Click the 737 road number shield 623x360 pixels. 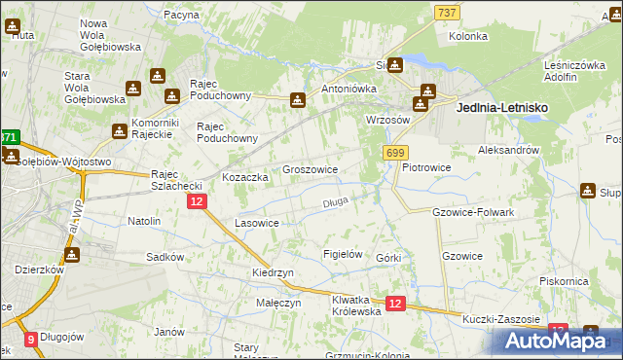click(x=448, y=11)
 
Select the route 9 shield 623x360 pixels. click(x=31, y=340)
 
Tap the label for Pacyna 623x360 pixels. click(x=181, y=15)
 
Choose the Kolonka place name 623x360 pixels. click(x=467, y=36)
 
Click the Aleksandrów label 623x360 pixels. click(x=508, y=151)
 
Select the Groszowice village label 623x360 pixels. click(x=310, y=168)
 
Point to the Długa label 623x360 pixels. click(x=335, y=202)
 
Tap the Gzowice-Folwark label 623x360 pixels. click(x=472, y=212)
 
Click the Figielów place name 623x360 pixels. click(x=343, y=254)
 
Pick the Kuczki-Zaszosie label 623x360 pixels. click(x=501, y=320)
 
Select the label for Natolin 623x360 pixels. click(x=144, y=221)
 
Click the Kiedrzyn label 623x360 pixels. click(x=273, y=273)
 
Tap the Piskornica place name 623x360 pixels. click(x=564, y=280)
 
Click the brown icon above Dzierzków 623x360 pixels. click(x=72, y=254)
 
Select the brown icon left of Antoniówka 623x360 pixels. click(x=298, y=99)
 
